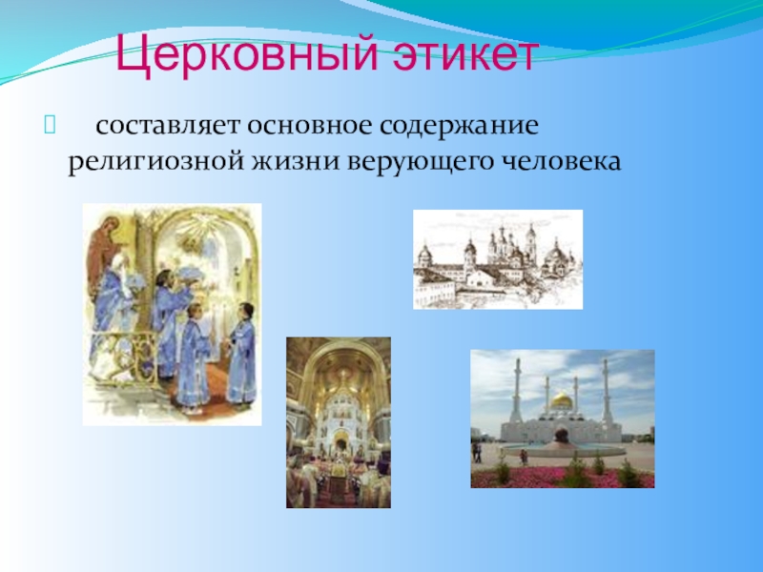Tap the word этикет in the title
466,54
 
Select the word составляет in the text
168,126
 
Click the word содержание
460,127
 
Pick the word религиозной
155,162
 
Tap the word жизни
295,161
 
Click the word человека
561,161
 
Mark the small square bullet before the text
50,125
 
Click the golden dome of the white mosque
562,401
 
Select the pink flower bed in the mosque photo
562,478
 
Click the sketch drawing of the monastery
498,259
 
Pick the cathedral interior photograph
339,422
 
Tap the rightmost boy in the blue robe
243,354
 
